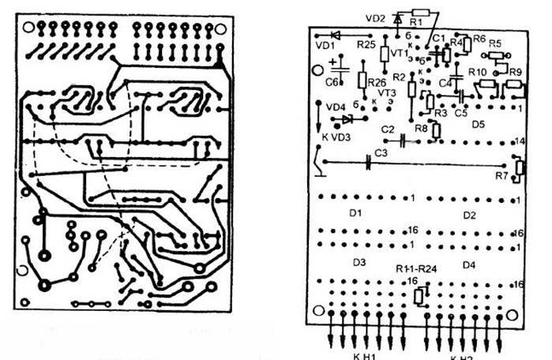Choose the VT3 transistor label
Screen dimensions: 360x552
[387, 92]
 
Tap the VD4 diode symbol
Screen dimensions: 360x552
[346, 120]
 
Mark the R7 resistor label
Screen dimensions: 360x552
[502, 175]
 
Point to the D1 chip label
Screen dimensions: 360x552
[355, 213]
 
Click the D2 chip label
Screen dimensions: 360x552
[469, 215]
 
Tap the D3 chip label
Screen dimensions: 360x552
[359, 261]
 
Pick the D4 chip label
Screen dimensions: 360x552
[468, 264]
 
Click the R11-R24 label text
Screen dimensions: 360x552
[417, 268]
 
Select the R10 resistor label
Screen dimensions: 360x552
[477, 72]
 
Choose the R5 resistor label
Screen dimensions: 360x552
[495, 43]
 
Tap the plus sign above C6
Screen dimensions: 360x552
[335, 59]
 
